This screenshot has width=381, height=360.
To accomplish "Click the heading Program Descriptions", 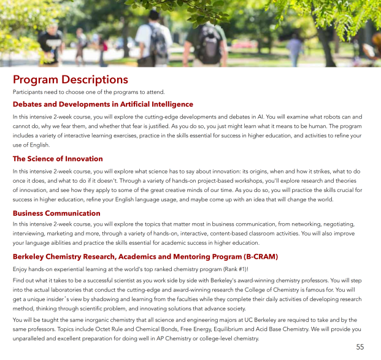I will click(x=70, y=79).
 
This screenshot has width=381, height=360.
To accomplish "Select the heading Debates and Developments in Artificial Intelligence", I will click(x=102, y=104).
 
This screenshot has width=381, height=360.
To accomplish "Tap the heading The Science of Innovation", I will click(x=58, y=159).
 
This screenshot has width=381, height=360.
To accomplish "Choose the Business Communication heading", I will click(x=56, y=213).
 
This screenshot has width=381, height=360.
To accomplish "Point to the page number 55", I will click(x=360, y=347).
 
